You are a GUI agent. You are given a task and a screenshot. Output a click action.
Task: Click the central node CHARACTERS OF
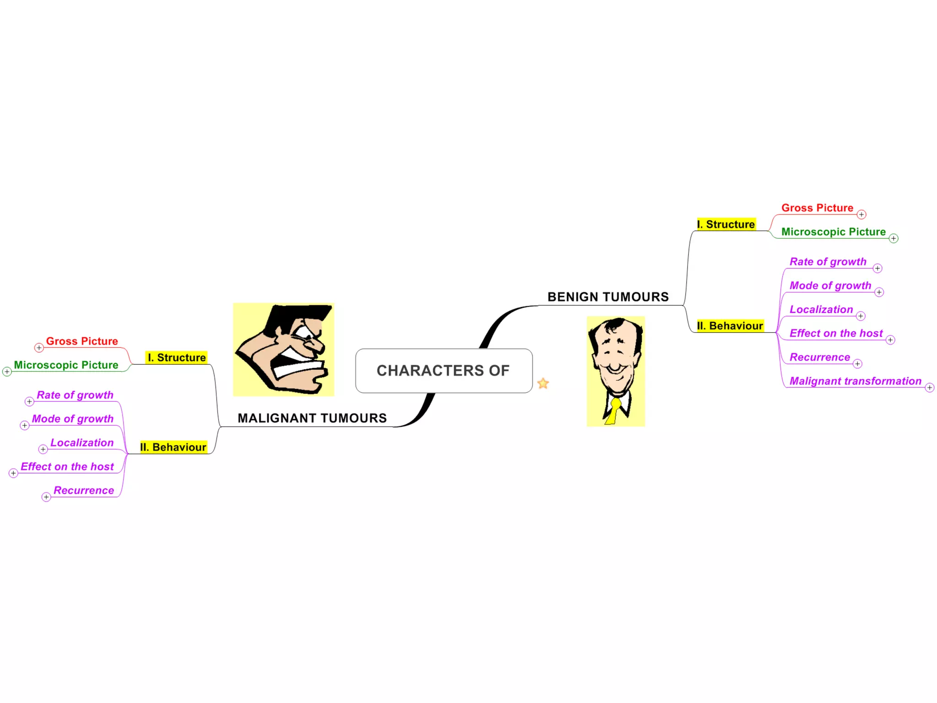coord(443,370)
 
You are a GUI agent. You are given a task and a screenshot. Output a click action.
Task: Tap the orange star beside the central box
coord(543,383)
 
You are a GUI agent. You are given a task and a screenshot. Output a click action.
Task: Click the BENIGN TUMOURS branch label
coord(608,297)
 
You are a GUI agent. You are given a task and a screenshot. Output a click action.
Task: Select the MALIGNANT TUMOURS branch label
coord(312,418)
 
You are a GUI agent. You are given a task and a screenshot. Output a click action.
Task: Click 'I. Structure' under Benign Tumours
coord(726,224)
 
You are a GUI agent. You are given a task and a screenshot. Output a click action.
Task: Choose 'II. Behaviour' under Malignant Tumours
coord(173,447)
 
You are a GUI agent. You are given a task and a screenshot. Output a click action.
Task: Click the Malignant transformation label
coord(855,381)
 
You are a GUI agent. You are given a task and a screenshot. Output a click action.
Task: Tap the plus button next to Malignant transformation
coord(929,388)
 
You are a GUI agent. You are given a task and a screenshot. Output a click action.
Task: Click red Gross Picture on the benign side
coord(817,208)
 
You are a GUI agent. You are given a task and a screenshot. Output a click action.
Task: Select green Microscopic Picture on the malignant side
coord(66,365)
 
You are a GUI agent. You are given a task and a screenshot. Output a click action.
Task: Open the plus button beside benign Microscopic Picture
coord(894,238)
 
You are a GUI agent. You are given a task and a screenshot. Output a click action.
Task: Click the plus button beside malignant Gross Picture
coord(39,348)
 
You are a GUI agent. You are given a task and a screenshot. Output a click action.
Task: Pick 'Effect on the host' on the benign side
coord(836,333)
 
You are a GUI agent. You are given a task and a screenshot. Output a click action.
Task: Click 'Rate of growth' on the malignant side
coord(75,395)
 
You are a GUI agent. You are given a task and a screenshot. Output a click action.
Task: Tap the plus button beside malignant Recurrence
coord(46,497)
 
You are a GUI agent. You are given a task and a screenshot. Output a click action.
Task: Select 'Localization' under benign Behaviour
coord(821,309)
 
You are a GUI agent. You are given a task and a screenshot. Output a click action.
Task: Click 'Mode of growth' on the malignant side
coord(73,419)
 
